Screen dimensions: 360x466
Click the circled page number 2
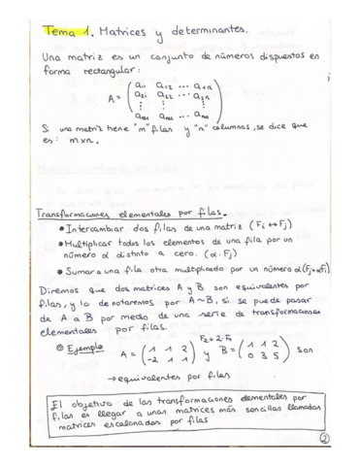click(x=327, y=438)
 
